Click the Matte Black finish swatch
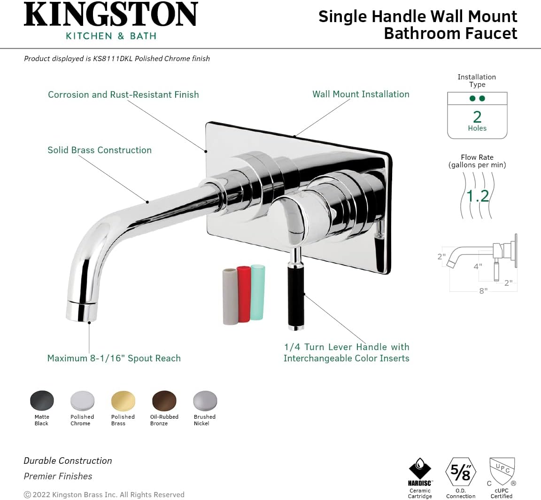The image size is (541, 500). pos(42,401)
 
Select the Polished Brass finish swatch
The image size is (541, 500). pos(123,401)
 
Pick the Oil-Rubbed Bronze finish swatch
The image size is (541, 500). pos(164,401)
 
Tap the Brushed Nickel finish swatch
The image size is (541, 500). pos(205,401)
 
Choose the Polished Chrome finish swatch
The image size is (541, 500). pos(83,401)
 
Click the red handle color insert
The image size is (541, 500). pos(244,294)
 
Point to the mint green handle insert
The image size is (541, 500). pos(258,292)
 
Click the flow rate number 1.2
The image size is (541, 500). pos(478,195)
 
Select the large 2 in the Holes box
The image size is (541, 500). pos(477,116)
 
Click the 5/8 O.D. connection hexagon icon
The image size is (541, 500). pos(461,472)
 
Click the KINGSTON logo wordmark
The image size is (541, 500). pos(111,15)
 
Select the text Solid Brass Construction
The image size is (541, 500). pos(100,150)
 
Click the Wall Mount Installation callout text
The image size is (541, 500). pos(361,94)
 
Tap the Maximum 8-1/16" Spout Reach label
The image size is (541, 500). pos(114,358)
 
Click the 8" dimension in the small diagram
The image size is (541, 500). pos(483,291)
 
